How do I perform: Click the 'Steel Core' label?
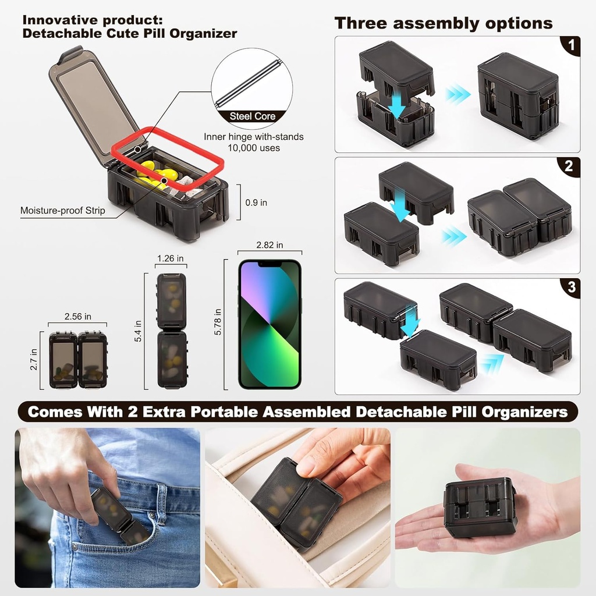253,116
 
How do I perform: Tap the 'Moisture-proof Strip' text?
63,211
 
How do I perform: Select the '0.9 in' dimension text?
256,203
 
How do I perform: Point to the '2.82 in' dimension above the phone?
269,245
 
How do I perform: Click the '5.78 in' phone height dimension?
218,321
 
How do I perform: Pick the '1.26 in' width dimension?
171,258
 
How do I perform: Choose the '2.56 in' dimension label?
78,317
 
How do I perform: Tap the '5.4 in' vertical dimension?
138,331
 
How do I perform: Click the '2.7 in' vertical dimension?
34,360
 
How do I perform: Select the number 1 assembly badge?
572,45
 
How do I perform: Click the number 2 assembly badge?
569,166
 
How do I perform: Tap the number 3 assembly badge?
572,288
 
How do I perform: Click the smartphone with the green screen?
270,324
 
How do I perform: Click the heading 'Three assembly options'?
444,23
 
